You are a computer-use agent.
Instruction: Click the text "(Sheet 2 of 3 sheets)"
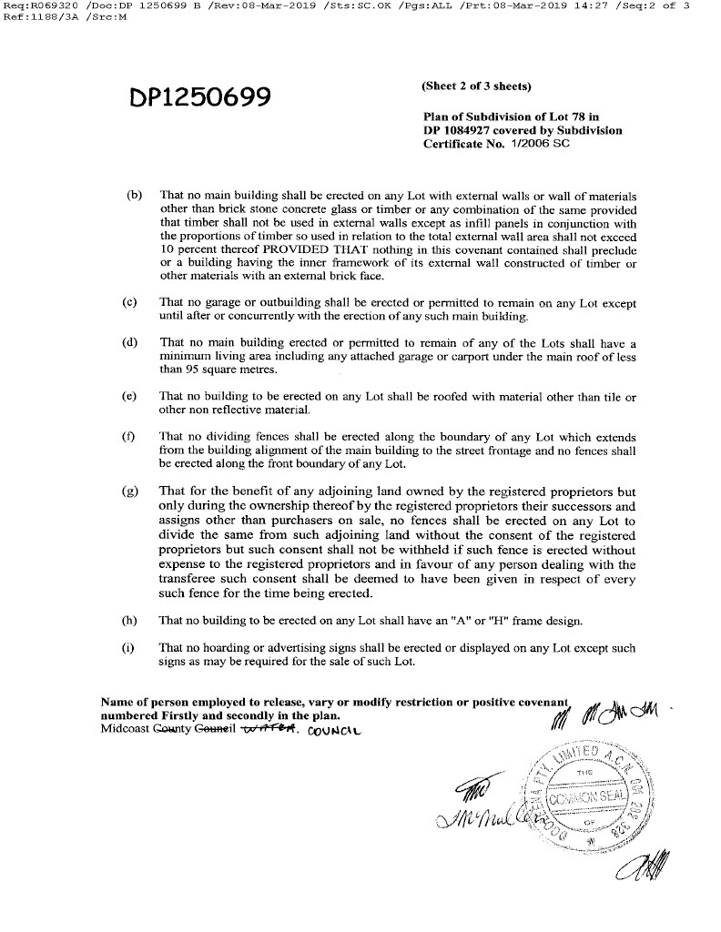(x=476, y=86)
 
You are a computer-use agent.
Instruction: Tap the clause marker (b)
(x=135, y=196)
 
